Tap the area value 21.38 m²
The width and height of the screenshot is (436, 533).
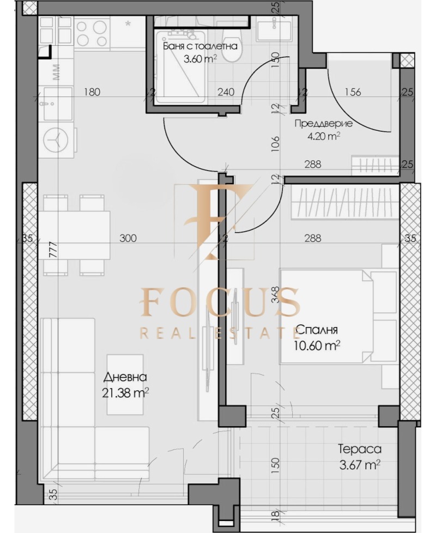coord(125,392)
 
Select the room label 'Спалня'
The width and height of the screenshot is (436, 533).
coord(318,330)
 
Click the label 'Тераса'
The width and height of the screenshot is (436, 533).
coord(359,450)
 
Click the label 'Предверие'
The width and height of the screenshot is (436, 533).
coord(323,123)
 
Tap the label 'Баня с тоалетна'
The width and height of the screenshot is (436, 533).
coord(200,46)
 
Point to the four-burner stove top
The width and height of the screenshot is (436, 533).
coord(93,33)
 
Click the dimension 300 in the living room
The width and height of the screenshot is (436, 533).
coord(128,238)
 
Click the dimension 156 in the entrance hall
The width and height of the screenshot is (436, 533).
coord(353,92)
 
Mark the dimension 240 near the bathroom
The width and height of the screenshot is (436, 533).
coord(226,92)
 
